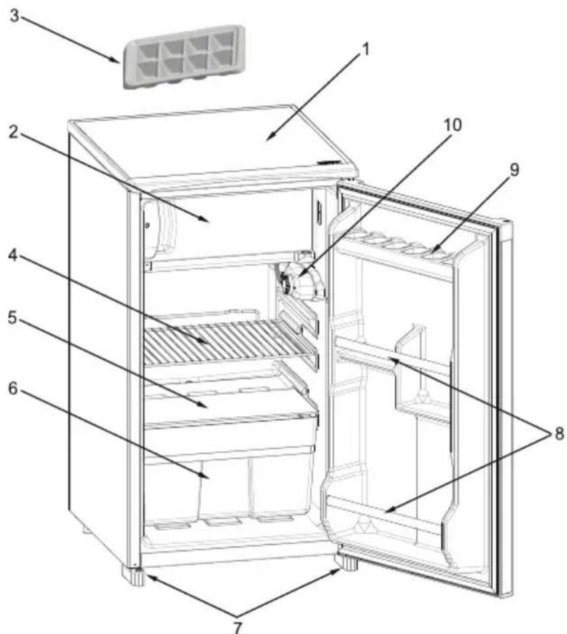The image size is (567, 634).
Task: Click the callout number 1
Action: coord(364,50)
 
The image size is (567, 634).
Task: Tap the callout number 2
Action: coord(14,132)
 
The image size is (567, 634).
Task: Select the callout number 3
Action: coord(15,16)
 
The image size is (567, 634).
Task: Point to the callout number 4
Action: coord(13,256)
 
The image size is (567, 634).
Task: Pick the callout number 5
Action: coord(13,318)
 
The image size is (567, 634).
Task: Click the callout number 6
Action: coord(13,389)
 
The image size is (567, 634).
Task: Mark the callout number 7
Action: coord(238,626)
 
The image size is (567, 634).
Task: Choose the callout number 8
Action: coord(559,434)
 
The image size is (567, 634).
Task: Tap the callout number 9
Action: coord(514,170)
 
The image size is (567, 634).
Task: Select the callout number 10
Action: coord(452,125)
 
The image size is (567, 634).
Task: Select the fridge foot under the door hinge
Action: coord(346,563)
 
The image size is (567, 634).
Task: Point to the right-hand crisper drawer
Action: coord(281,487)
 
